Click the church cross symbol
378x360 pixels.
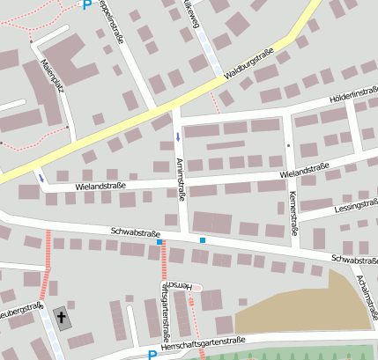(61, 317)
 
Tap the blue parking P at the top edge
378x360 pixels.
(86, 4)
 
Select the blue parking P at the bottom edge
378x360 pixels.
(152, 355)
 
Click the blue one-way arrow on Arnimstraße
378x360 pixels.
(179, 136)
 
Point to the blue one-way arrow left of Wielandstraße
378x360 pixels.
(41, 178)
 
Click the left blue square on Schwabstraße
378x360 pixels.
(159, 241)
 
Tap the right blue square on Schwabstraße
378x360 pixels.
(203, 240)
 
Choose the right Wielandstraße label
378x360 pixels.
(309, 168)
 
